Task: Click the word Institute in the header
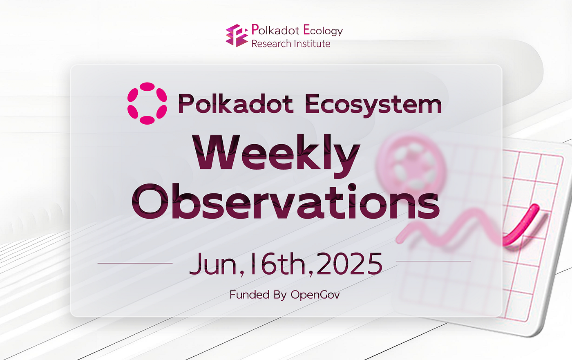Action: [311, 44]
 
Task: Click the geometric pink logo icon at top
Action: [237, 35]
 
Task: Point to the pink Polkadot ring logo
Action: [147, 103]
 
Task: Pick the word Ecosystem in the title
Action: [373, 105]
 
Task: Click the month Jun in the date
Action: [213, 264]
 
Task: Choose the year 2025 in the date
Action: [350, 264]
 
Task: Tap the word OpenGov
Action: [315, 295]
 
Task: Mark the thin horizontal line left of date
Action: [135, 263]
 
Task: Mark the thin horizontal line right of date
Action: [433, 261]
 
